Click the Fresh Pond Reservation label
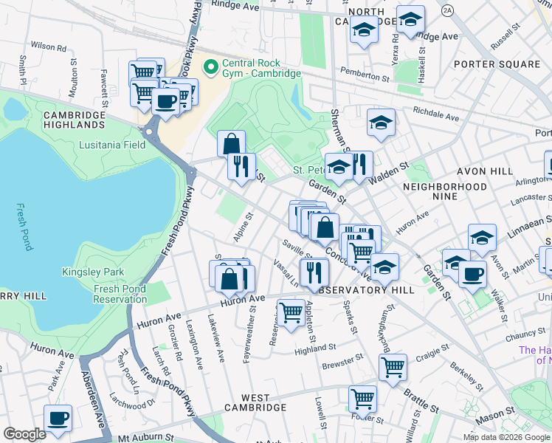(120, 294)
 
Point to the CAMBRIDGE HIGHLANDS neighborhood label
(74, 120)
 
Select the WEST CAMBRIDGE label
(255, 408)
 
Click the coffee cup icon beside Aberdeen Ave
(58, 418)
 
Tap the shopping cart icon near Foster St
(362, 399)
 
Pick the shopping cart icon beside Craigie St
(393, 365)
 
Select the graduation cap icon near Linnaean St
(482, 238)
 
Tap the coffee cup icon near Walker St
(472, 273)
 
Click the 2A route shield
(447, 10)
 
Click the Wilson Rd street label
(49, 46)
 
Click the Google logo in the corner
(24, 434)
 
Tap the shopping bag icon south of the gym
(232, 143)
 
